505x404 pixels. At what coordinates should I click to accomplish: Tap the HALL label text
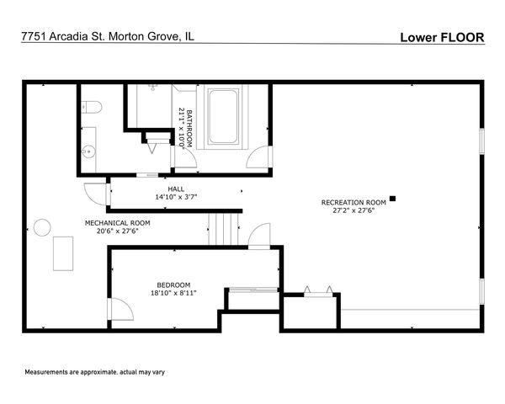point(176,189)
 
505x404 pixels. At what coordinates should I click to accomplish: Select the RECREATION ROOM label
point(353,203)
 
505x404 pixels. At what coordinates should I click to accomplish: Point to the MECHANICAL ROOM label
point(118,223)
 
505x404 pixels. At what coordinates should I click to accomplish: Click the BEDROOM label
point(173,285)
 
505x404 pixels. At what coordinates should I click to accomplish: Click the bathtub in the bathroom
point(222,117)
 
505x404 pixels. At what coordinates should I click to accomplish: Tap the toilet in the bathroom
point(92,107)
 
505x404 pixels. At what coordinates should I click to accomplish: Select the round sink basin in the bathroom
point(88,151)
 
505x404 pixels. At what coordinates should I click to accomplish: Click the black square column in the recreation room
point(392,199)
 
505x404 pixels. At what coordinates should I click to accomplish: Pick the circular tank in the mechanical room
point(42,227)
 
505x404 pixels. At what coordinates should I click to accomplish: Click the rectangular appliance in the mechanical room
point(63,253)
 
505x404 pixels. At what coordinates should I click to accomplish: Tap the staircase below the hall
point(224,230)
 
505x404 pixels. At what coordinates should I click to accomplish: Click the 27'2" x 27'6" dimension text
point(353,210)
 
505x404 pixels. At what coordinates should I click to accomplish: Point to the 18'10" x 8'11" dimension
point(173,293)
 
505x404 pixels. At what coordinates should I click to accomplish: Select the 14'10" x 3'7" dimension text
point(176,197)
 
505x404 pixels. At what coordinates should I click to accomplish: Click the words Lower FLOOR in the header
point(442,37)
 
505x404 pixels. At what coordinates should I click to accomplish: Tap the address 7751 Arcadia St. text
point(63,36)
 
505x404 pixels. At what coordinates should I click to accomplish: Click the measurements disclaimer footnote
point(94,372)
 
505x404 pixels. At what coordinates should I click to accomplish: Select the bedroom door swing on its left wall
point(122,309)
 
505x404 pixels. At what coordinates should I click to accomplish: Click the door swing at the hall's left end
point(96,194)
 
